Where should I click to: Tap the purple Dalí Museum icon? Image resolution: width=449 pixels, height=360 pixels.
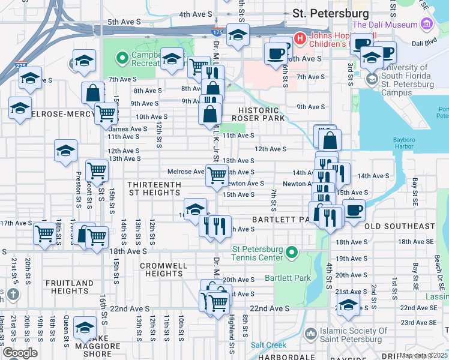427,25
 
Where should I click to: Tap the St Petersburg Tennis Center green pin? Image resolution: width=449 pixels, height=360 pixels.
292,252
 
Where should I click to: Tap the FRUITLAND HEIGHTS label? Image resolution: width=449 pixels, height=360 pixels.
71,287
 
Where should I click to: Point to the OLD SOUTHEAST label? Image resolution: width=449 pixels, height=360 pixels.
399,226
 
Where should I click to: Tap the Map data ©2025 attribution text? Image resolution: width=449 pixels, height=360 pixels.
423,355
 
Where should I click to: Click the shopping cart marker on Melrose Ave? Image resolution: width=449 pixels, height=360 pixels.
216,176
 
